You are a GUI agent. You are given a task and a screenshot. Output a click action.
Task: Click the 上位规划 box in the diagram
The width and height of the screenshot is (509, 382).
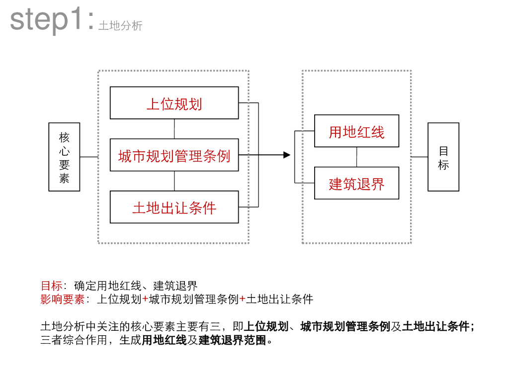(174, 103)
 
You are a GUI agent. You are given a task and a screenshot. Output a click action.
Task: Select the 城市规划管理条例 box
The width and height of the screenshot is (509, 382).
(174, 155)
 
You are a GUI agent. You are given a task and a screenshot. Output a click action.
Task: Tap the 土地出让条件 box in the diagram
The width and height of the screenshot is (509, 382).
(174, 207)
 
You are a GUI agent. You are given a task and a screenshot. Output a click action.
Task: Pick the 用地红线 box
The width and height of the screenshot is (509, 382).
(356, 131)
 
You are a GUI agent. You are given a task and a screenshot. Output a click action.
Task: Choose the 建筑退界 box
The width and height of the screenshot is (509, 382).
(356, 183)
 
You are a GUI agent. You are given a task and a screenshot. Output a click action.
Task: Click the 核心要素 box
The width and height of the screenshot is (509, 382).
(64, 157)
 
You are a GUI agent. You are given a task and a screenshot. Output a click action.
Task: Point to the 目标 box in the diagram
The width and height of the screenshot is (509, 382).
(443, 157)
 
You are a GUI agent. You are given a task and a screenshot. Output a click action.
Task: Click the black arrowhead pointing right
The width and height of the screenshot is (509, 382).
(287, 155)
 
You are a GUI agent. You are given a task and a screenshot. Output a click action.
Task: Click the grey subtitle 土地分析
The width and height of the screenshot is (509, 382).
(120, 26)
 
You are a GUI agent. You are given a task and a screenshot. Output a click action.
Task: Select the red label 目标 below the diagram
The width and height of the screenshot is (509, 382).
(51, 286)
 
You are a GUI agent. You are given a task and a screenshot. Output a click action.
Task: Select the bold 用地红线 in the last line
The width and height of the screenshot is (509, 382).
(164, 341)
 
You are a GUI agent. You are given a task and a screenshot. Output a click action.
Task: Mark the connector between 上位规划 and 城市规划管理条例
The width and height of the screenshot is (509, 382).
(174, 129)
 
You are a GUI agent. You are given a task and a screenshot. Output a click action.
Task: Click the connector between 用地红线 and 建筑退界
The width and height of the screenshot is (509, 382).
(356, 157)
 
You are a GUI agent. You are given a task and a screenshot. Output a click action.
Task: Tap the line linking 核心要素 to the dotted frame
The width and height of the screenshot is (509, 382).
(89, 157)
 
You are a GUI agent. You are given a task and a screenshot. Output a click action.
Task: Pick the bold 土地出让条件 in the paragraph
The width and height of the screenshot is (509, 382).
(435, 327)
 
